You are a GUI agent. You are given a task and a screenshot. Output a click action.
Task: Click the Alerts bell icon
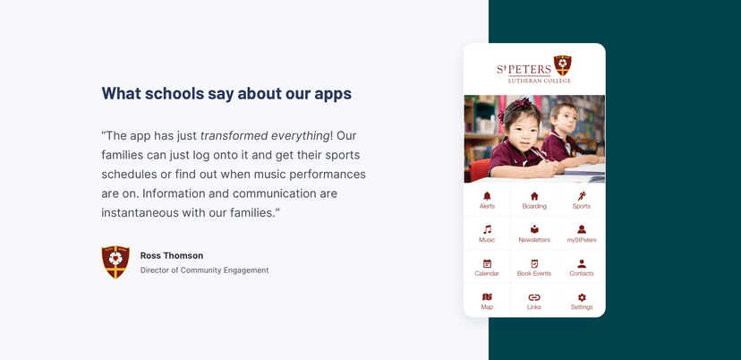487,196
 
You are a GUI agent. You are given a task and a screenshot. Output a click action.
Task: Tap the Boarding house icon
534,196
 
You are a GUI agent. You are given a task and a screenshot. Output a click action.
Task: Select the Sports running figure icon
582,196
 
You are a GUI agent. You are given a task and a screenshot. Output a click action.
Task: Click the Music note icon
487,229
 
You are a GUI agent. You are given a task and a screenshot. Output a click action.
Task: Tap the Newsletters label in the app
534,240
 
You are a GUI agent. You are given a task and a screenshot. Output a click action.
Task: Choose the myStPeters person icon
582,229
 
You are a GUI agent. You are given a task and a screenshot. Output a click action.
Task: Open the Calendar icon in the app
487,263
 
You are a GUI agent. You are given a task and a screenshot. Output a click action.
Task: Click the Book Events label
534,273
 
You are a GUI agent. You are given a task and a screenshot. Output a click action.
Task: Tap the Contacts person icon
582,263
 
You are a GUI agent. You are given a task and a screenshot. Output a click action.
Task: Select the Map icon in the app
487,297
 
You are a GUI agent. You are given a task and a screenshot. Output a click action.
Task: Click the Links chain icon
534,297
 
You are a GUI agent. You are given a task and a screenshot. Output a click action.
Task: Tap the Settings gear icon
582,297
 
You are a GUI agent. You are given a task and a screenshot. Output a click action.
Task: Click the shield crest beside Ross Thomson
115,262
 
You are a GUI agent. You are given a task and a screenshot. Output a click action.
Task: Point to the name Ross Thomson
172,256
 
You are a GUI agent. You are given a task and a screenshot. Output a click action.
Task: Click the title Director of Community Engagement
204,270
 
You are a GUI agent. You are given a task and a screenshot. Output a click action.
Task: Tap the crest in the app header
563,65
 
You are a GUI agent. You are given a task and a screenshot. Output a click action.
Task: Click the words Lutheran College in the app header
540,81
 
